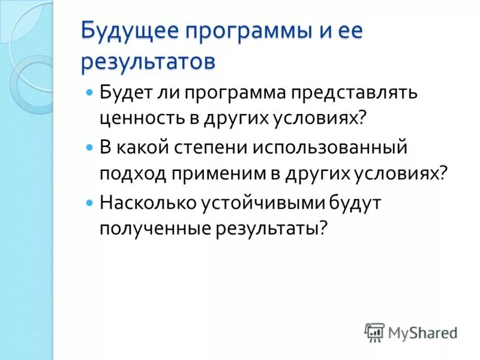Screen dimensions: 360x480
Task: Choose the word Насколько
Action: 147,203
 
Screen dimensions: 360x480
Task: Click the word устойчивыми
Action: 260,203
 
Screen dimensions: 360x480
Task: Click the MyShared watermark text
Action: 422,332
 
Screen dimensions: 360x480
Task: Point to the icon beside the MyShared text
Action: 374,332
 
